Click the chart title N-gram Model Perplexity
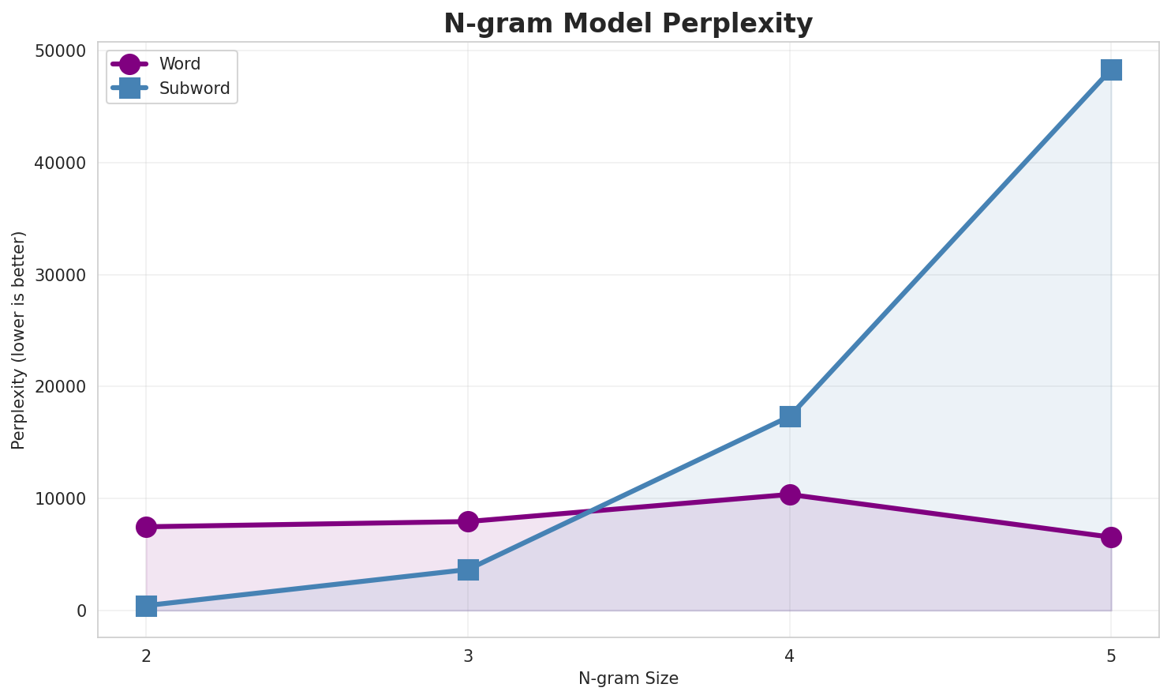coord(627,24)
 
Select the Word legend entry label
coord(179,65)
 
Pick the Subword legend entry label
coord(194,88)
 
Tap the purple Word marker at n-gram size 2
coord(146,527)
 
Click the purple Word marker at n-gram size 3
coord(468,521)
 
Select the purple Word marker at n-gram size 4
coord(790,494)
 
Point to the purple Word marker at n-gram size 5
coord(1111,538)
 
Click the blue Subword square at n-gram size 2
coord(146,606)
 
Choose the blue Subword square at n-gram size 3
coord(468,569)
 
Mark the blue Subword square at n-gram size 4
coord(790,416)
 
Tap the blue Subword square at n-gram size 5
coord(1111,70)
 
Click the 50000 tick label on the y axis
coord(59,51)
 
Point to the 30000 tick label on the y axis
coord(59,275)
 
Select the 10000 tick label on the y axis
coord(59,499)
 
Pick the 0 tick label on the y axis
coord(81,611)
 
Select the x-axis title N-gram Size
coord(628,678)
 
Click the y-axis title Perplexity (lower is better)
coord(19,340)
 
